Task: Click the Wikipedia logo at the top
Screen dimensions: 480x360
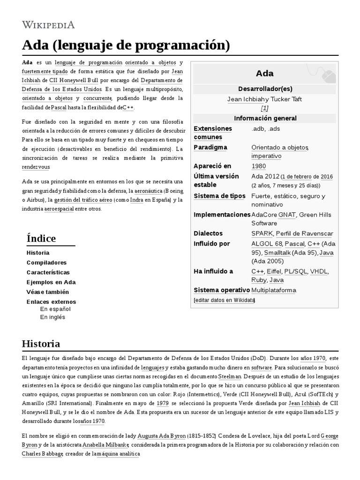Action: click(x=48, y=24)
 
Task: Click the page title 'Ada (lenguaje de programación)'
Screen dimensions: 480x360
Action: click(x=126, y=45)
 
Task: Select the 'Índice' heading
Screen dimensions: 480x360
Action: click(x=41, y=238)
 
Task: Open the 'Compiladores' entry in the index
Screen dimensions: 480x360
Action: click(x=46, y=262)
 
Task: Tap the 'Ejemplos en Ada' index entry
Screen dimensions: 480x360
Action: click(x=51, y=282)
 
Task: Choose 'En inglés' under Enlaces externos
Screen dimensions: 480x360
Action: click(x=52, y=317)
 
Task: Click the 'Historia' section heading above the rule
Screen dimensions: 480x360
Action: click(x=41, y=344)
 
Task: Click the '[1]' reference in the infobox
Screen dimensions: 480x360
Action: click(x=264, y=108)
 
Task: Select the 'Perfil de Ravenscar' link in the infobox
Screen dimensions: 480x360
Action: click(x=305, y=233)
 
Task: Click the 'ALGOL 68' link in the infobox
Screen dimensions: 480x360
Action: click(x=267, y=244)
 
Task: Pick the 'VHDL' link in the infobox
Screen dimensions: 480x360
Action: click(x=319, y=271)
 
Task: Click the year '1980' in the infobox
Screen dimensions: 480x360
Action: click(x=258, y=166)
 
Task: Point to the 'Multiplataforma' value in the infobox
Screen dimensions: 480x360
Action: click(x=274, y=290)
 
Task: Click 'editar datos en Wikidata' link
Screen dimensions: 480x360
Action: click(x=225, y=300)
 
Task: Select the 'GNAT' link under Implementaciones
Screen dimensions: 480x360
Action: click(x=287, y=215)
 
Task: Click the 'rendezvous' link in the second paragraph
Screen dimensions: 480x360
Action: click(x=36, y=167)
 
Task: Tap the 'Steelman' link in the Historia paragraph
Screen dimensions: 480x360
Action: click(x=230, y=376)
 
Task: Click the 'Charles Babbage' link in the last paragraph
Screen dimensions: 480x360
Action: click(x=42, y=454)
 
